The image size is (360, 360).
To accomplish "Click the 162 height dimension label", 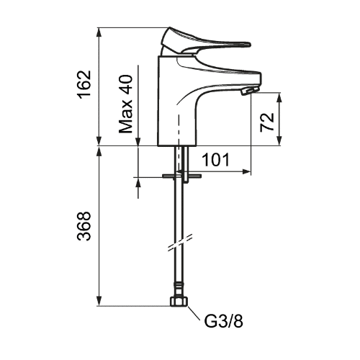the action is (x=85, y=84).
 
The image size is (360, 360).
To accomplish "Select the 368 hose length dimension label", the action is (x=85, y=226).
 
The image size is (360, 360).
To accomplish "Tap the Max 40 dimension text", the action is (x=126, y=104).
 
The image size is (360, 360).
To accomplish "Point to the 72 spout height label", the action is (x=267, y=122).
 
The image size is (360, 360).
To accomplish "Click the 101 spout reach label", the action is (x=216, y=160).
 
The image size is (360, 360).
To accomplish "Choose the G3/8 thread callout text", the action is (x=224, y=321).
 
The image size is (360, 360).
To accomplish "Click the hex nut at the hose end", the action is (x=179, y=302).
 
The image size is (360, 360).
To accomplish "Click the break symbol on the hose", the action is (x=180, y=243).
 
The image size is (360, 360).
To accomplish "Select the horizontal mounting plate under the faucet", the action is (x=181, y=176).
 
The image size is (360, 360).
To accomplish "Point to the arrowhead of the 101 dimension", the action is (x=247, y=171).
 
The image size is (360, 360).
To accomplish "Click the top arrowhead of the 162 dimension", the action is (x=99, y=32).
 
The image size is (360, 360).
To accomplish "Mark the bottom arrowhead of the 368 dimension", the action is (x=99, y=302).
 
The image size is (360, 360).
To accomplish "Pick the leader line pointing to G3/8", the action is (x=194, y=313).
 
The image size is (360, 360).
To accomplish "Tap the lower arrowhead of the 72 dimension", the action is (x=279, y=141).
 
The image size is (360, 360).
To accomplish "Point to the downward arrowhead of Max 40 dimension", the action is (x=138, y=141).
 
